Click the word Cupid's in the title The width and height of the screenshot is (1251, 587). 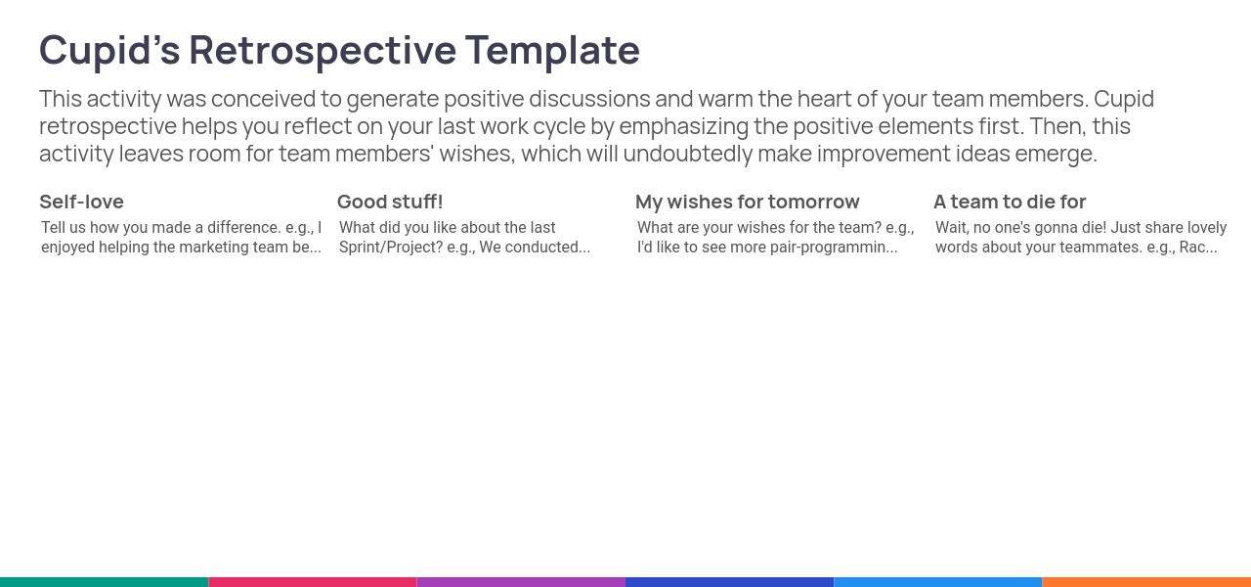[109, 51]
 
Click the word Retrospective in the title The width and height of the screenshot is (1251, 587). [323, 51]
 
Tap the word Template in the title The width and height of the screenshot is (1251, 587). [552, 51]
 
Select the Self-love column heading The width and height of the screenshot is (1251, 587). [81, 202]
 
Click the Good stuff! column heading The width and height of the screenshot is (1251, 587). [390, 202]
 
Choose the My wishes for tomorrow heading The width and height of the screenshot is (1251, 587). [748, 202]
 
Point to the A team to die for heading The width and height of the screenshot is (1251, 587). [1010, 202]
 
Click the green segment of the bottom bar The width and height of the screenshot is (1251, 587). [104, 582]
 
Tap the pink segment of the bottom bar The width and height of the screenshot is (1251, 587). [313, 582]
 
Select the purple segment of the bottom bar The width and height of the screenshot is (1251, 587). [521, 582]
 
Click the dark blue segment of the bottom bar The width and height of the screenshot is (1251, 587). [729, 582]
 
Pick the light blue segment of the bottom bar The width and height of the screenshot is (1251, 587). [937, 582]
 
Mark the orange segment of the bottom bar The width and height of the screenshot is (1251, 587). [1146, 582]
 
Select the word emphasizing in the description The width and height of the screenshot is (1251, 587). [683, 127]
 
